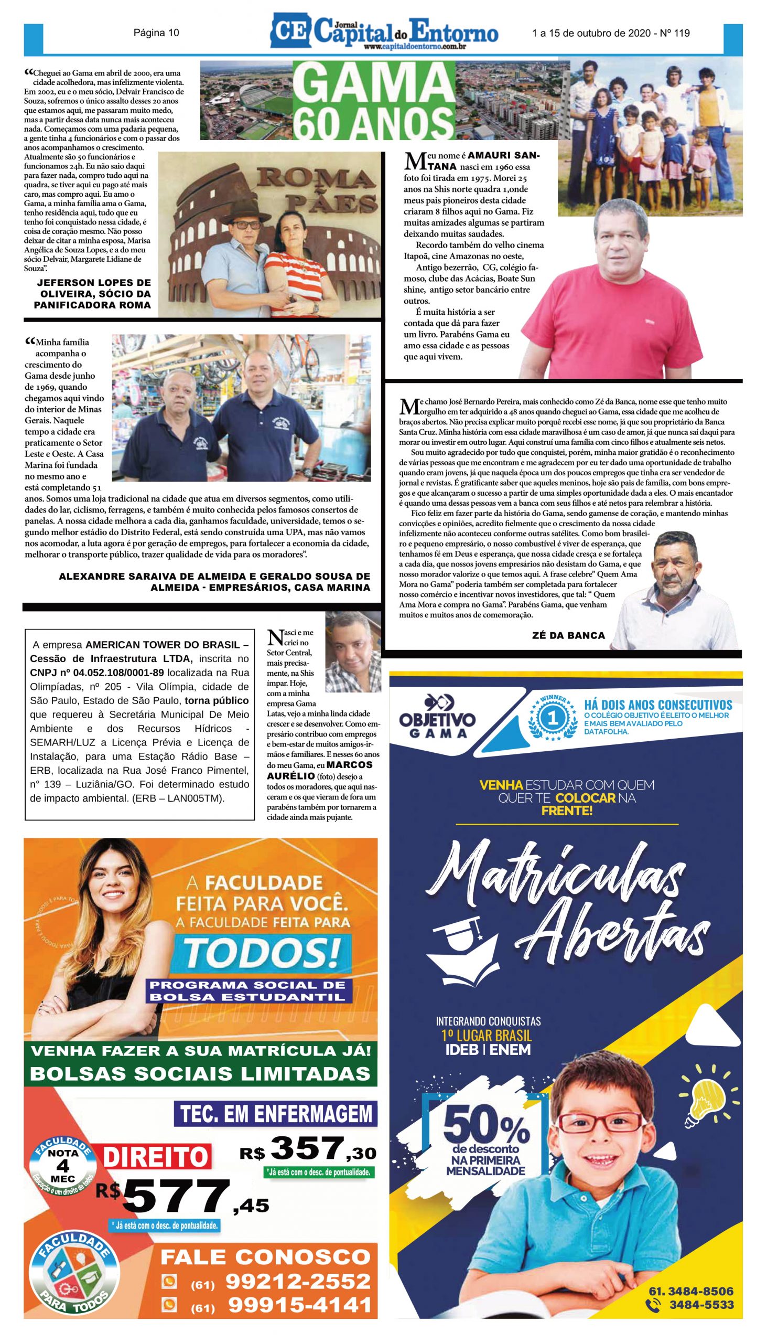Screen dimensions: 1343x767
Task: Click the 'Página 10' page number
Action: pos(156,33)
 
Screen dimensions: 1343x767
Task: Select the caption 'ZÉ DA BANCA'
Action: pos(568,635)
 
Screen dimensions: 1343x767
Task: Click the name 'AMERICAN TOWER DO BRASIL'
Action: pos(167,645)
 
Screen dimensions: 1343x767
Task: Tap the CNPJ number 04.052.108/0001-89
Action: pos(97,673)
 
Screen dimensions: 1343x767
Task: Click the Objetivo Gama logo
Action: pos(437,716)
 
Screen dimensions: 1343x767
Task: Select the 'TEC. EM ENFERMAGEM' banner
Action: pos(276,1114)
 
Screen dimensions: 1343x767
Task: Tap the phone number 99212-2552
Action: pos(298,1281)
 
